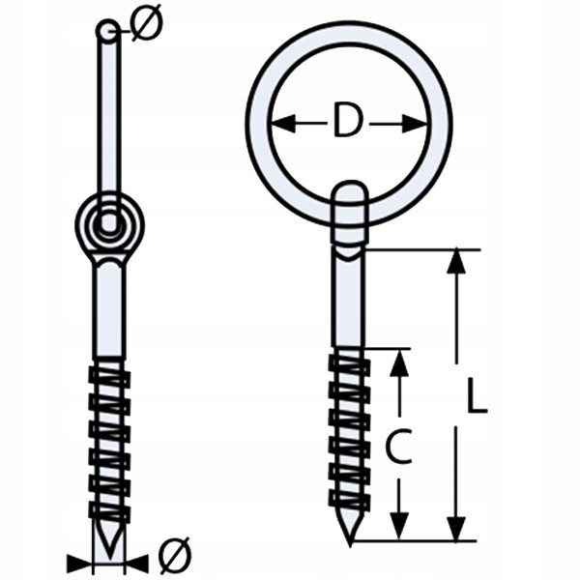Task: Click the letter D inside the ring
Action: click(348, 122)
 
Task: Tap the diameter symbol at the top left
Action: click(143, 28)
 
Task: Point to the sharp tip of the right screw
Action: click(350, 536)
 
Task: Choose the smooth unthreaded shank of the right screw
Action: click(348, 300)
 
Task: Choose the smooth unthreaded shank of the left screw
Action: click(109, 309)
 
